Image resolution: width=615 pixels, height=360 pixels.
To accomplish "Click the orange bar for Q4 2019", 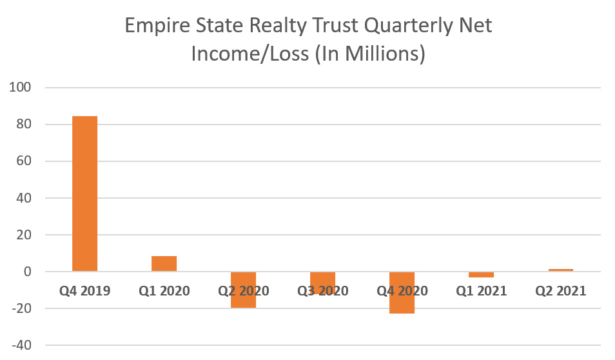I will (x=84, y=194).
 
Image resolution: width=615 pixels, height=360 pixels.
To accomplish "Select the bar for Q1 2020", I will (x=164, y=264).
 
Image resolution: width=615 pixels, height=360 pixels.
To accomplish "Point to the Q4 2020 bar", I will (x=402, y=303).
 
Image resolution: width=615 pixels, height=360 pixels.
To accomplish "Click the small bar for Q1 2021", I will (x=481, y=274).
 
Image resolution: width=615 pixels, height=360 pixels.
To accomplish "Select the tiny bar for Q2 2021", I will (x=560, y=270).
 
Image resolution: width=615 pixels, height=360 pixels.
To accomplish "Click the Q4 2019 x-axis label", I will (x=84, y=291).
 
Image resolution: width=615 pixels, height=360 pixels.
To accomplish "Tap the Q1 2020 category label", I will (x=164, y=291).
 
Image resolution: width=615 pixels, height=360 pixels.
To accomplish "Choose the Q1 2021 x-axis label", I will (x=481, y=291).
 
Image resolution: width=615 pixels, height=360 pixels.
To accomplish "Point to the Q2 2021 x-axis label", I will (x=560, y=291).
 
